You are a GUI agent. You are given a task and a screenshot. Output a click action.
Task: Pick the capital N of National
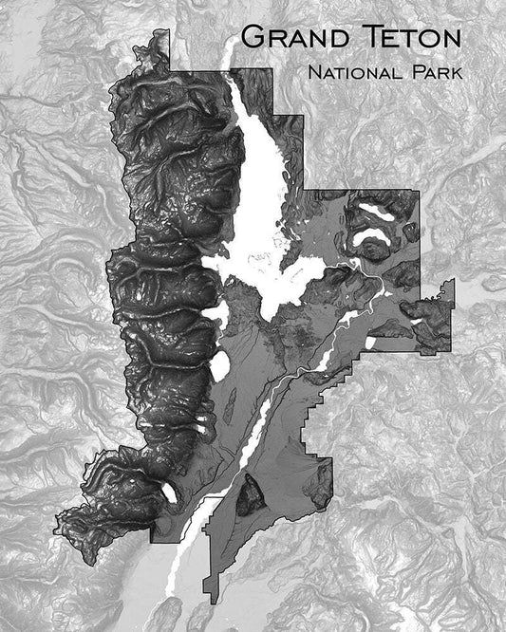click(x=314, y=72)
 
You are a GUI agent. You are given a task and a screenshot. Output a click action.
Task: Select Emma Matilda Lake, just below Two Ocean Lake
click(x=372, y=237)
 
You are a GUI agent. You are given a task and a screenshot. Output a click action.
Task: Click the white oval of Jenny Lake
click(x=220, y=364)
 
